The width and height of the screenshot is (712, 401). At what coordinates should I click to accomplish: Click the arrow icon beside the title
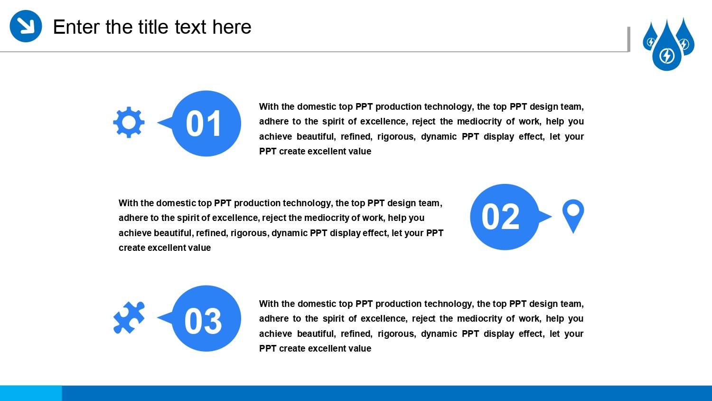pyautogui.click(x=26, y=26)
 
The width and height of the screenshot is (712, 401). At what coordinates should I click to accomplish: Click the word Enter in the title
pyautogui.click(x=76, y=27)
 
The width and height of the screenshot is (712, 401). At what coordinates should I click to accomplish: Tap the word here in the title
pyautogui.click(x=232, y=27)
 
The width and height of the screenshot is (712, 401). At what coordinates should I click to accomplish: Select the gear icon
pyautogui.click(x=129, y=122)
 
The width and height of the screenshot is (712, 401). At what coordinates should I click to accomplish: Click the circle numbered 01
pyautogui.click(x=206, y=124)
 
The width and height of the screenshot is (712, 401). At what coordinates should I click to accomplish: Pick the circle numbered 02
pyautogui.click(x=505, y=217)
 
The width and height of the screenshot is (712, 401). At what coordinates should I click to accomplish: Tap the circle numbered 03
pyautogui.click(x=206, y=318)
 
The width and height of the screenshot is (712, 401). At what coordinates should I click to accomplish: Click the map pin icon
pyautogui.click(x=573, y=216)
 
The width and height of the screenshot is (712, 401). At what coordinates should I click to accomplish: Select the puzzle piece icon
pyautogui.click(x=129, y=317)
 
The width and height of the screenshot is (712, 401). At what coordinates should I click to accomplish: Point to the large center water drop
pyautogui.click(x=667, y=48)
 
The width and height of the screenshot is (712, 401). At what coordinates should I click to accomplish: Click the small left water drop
pyautogui.click(x=649, y=38)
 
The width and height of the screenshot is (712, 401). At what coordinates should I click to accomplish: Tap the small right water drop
pyautogui.click(x=686, y=38)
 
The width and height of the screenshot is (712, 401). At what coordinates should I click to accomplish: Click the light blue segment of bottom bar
pyautogui.click(x=31, y=393)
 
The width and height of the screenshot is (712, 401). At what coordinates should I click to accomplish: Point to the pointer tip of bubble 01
pyautogui.click(x=157, y=122)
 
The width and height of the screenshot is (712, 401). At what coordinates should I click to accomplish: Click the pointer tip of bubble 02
pyautogui.click(x=552, y=216)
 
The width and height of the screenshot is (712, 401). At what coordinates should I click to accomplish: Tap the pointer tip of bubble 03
pyautogui.click(x=157, y=317)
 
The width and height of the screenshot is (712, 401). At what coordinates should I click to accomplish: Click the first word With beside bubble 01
pyautogui.click(x=269, y=106)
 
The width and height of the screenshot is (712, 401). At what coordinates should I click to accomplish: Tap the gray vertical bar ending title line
pyautogui.click(x=628, y=39)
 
